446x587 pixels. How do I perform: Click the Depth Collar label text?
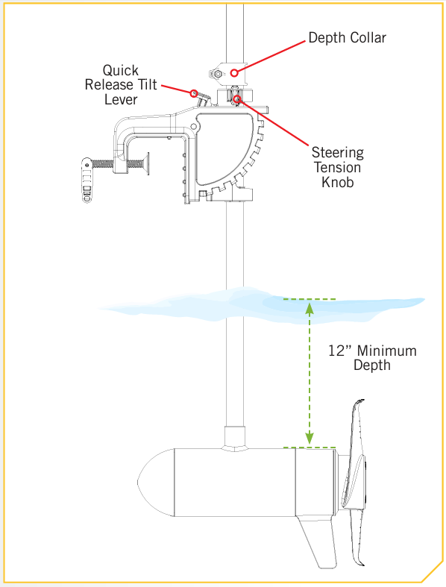(347, 38)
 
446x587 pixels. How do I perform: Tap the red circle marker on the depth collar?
(234, 72)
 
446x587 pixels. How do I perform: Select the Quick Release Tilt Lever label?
(121, 84)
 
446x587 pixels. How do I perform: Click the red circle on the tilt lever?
(194, 93)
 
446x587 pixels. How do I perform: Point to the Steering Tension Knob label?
(337, 167)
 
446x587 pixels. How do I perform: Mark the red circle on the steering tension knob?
(237, 99)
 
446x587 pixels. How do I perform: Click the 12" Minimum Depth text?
(372, 357)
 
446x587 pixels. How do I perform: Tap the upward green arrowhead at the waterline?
(310, 308)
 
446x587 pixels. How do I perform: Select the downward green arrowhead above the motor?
(310, 439)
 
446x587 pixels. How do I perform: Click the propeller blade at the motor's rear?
(356, 483)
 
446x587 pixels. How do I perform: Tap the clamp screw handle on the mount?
(87, 181)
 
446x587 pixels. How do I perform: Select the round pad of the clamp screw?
(146, 163)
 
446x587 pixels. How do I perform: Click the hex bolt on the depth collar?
(218, 74)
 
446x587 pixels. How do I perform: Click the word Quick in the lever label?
(121, 71)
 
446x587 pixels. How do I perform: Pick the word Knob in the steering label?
(337, 182)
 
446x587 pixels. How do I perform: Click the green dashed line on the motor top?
(310, 448)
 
